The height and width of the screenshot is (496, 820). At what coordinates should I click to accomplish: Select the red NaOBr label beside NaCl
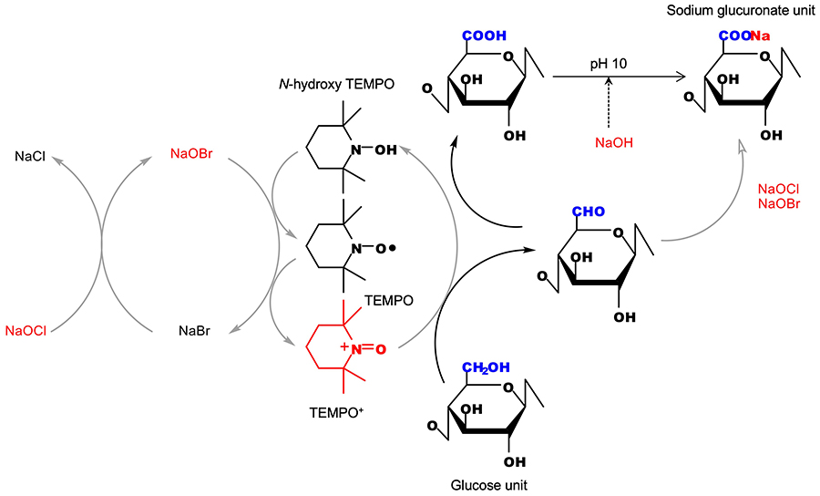tap(192, 156)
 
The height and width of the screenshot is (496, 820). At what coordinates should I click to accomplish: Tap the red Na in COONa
tap(760, 36)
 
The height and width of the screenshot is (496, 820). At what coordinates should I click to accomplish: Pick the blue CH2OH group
tap(484, 368)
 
